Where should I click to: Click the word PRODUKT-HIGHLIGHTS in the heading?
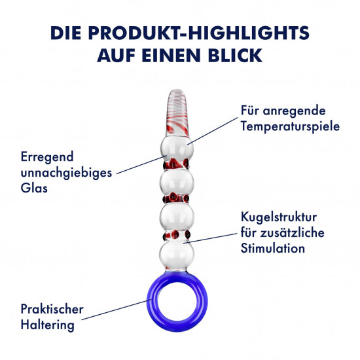[199, 33]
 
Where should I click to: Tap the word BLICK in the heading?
[236, 56]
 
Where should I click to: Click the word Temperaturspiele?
[290, 126]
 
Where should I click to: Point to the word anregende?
[294, 111]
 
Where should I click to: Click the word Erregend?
[47, 158]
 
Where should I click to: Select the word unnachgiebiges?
[66, 173]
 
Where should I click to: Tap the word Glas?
[34, 188]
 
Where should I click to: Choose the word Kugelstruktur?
[279, 217]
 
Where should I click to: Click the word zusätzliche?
[293, 232]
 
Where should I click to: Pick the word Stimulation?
[273, 248]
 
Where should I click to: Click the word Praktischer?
[52, 309]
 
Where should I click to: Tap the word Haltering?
[48, 325]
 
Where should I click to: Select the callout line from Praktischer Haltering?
[117, 310]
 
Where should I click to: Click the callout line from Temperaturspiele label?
[212, 131]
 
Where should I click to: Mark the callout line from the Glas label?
[141, 164]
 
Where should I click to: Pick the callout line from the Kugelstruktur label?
[210, 238]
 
